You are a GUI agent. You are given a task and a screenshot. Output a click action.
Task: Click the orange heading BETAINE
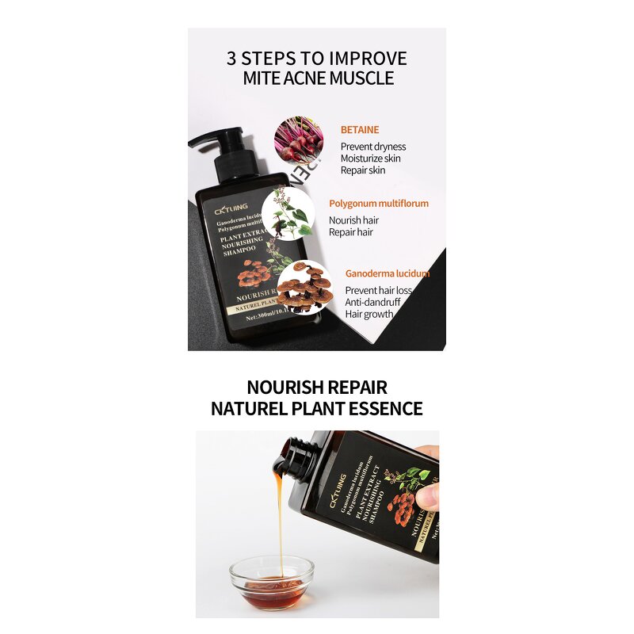[x=360, y=129]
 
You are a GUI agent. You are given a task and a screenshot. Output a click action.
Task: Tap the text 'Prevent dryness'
[x=373, y=147]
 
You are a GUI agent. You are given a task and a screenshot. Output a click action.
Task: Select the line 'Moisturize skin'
[x=371, y=158]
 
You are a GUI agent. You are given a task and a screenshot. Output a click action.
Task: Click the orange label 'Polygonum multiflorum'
[x=379, y=204]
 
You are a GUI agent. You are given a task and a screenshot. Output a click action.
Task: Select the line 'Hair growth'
[x=369, y=314]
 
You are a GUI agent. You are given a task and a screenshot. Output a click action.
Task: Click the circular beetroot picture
[x=299, y=140]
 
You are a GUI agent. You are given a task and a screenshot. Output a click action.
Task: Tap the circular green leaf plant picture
[x=286, y=213]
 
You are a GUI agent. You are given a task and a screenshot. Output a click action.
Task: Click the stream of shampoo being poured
[x=278, y=515]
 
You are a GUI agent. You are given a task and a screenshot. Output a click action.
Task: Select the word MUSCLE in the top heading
[x=358, y=78]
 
